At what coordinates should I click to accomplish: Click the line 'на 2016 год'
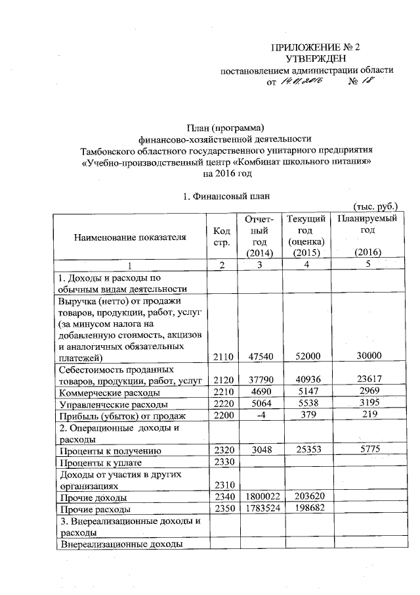tap(228, 174)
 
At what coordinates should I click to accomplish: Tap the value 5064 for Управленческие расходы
tap(256, 404)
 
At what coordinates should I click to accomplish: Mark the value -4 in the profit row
tap(256, 416)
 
